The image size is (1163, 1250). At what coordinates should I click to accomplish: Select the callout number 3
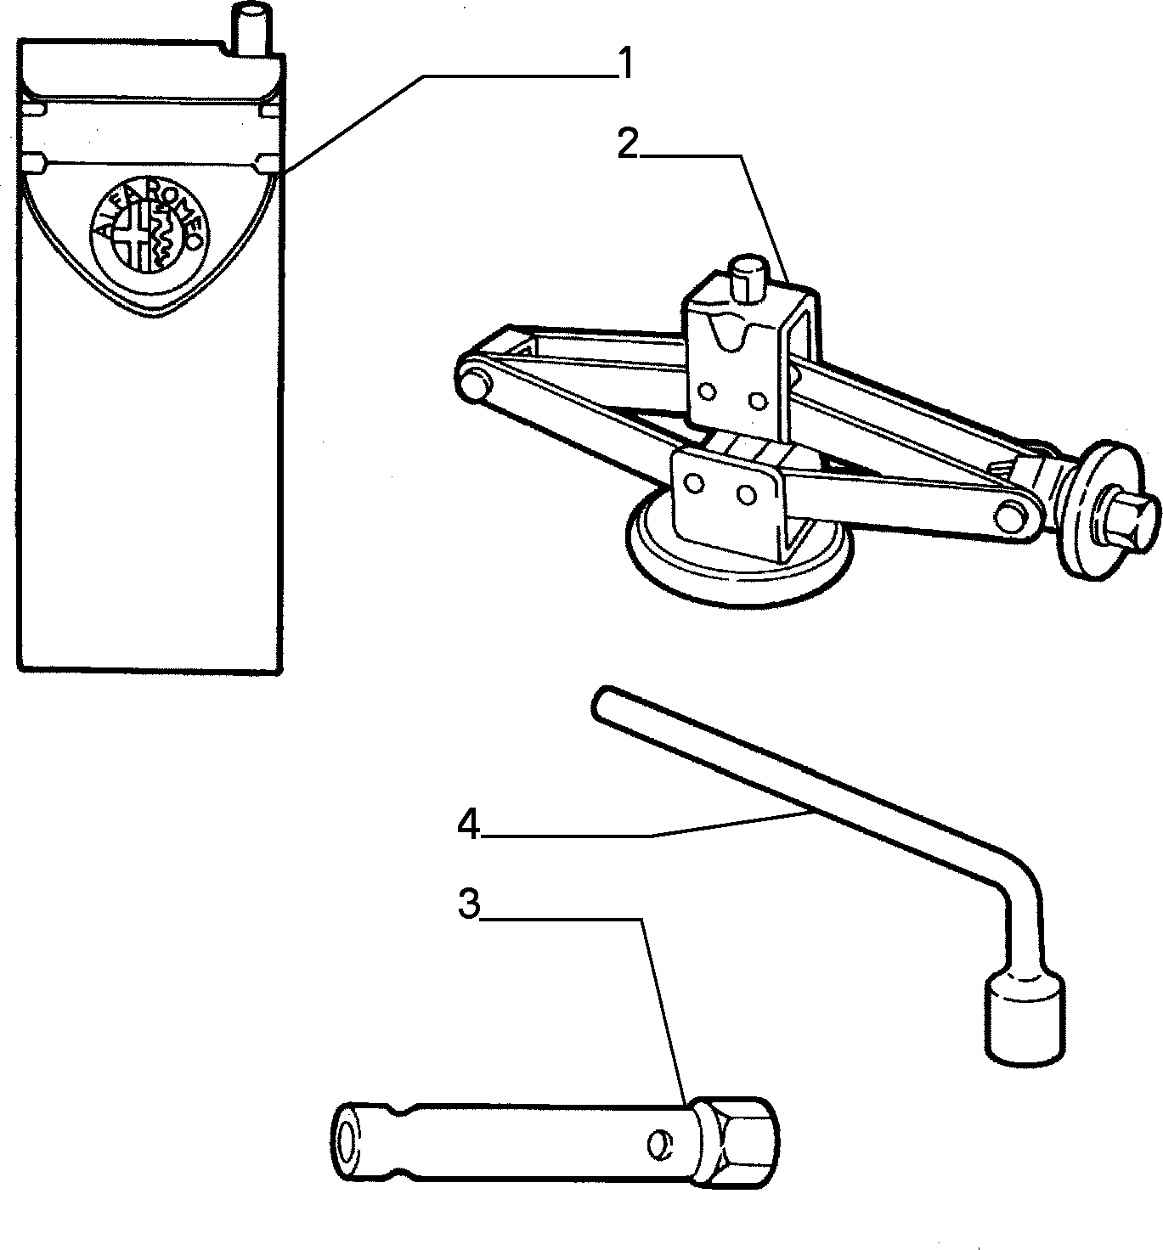[x=468, y=904]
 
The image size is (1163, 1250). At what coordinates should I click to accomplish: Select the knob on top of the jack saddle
[x=746, y=278]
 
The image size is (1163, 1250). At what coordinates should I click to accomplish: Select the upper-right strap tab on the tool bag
[x=269, y=110]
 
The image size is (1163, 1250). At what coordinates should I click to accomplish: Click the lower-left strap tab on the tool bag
[x=36, y=164]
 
